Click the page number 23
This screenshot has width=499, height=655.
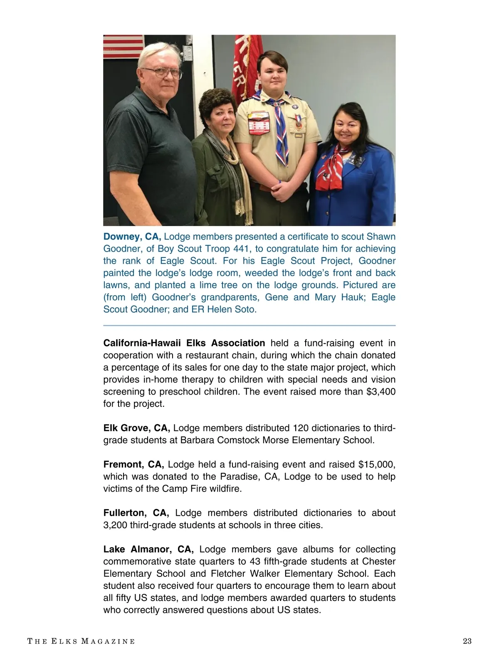(467, 641)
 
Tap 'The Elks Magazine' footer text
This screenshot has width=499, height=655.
(81, 641)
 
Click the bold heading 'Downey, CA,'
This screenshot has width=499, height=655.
(132, 237)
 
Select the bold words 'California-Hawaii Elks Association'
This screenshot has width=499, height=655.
(184, 343)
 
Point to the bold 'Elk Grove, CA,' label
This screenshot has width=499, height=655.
(136, 428)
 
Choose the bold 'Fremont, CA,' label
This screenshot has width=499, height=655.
(133, 464)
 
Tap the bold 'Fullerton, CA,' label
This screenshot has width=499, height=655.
(136, 513)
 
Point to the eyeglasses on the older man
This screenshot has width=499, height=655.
(162, 73)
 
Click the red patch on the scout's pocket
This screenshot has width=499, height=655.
(259, 125)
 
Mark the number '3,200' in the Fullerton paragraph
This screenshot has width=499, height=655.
(115, 525)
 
